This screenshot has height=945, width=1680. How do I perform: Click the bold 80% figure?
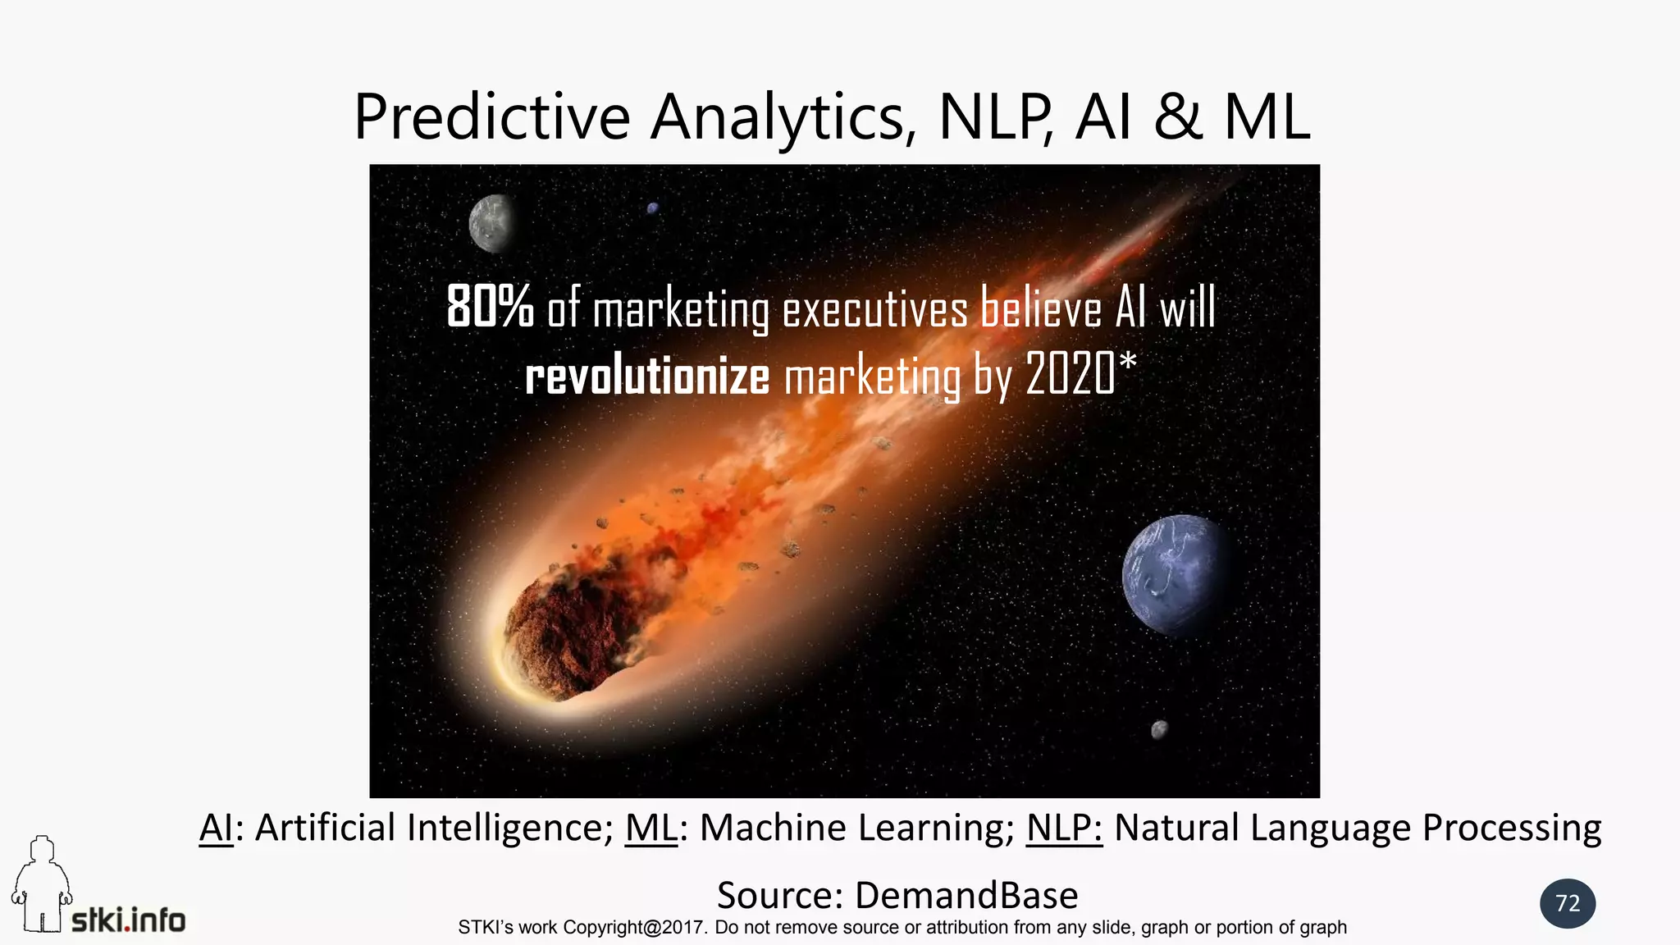(490, 308)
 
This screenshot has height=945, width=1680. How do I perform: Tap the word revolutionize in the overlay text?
(647, 377)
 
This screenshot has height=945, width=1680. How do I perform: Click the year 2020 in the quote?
(1071, 374)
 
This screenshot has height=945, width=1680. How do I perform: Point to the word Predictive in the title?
(491, 117)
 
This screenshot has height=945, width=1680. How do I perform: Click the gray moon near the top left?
(491, 222)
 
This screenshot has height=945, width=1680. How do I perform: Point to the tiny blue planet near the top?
(653, 208)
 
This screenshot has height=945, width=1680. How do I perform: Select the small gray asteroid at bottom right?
(1159, 728)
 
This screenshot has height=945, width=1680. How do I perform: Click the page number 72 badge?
(1568, 903)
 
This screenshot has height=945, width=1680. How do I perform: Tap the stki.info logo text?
(129, 920)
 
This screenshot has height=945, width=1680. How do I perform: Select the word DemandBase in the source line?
(966, 895)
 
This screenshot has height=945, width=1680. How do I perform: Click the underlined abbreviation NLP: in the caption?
(1064, 828)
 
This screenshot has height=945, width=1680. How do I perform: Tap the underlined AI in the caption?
(216, 828)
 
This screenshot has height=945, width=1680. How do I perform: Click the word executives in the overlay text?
(874, 310)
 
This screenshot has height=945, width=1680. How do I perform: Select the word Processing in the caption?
(1511, 828)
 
